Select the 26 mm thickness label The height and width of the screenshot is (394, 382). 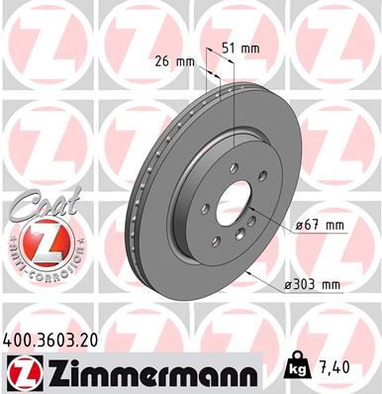pyautogui.click(x=175, y=61)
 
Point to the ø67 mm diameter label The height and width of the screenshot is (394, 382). pyautogui.click(x=320, y=225)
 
